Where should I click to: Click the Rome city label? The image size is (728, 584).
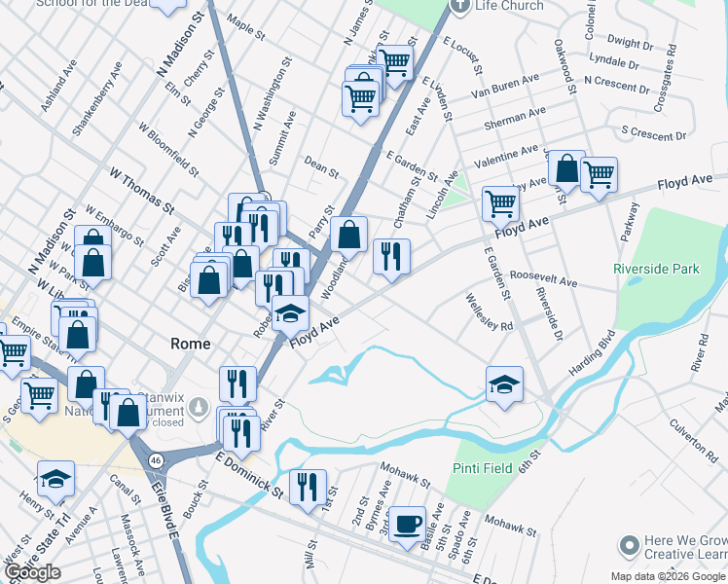(190, 343)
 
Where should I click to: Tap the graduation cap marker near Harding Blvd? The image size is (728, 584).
(504, 384)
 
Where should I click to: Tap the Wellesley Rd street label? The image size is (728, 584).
(489, 312)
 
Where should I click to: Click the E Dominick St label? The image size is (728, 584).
(248, 473)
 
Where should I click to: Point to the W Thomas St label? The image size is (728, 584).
(141, 190)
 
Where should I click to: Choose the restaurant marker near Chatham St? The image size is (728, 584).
(390, 257)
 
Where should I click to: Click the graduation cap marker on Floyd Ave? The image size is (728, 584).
(290, 315)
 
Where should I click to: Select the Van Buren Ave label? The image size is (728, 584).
(504, 86)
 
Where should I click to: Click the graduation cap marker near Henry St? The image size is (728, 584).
(55, 479)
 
